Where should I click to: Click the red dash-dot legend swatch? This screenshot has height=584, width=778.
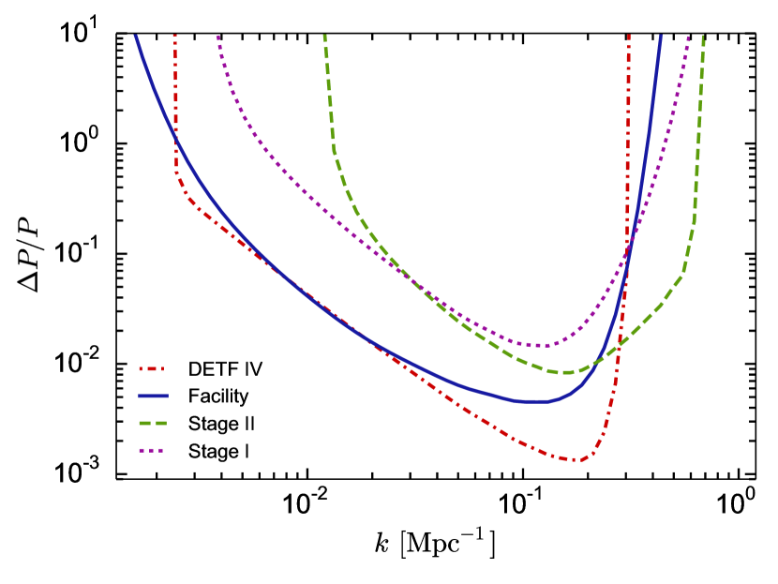[x=152, y=368]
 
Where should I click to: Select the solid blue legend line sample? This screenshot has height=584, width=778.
[x=153, y=396]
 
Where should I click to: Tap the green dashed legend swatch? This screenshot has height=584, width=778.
[x=153, y=423]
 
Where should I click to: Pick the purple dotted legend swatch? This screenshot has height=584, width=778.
[x=152, y=450]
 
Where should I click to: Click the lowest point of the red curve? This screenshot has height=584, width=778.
[x=576, y=459]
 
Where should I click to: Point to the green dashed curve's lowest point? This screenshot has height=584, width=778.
[x=562, y=372]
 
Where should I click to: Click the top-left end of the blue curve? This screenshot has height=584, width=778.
[x=135, y=36]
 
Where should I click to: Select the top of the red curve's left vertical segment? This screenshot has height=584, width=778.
[x=175, y=36]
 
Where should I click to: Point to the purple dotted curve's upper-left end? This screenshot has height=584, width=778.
[x=217, y=36]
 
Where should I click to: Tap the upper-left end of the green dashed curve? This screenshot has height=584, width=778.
[x=324, y=36]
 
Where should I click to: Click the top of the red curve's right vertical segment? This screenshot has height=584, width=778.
[x=629, y=36]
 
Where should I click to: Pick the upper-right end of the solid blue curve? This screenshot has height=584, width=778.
[x=661, y=36]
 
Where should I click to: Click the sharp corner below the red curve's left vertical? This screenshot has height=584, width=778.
[x=176, y=173]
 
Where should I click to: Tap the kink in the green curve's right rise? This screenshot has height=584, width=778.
[x=682, y=275]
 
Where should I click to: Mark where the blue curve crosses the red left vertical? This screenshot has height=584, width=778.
[x=175, y=137]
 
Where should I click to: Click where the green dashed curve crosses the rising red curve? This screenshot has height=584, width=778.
[x=619, y=345]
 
